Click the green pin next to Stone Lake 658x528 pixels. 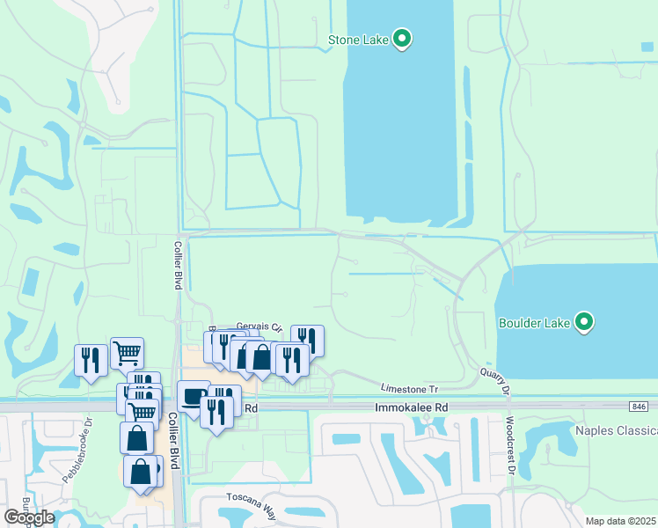pyautogui.click(x=403, y=39)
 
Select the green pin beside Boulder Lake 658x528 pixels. pyautogui.click(x=584, y=321)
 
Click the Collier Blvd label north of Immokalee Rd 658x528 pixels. pyautogui.click(x=177, y=266)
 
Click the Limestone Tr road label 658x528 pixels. pyautogui.click(x=409, y=388)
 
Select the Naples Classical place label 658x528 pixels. pyautogui.click(x=616, y=430)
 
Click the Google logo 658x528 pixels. pyautogui.click(x=29, y=517)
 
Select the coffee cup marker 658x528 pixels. pyautogui.click(x=194, y=397)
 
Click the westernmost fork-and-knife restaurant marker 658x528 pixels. pyautogui.click(x=91, y=360)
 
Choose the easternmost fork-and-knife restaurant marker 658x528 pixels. pyautogui.click(x=307, y=339)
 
